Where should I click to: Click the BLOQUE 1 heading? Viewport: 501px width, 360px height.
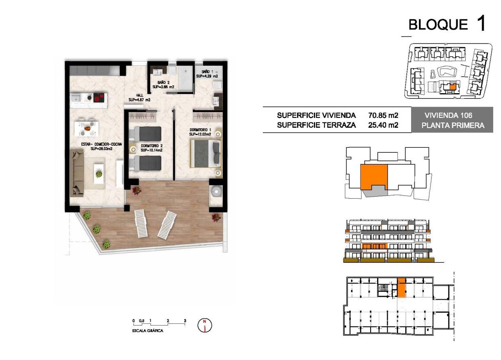click(447, 24)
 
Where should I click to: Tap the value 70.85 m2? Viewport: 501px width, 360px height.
click(384, 116)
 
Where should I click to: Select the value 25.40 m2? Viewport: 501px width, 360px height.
click(384, 125)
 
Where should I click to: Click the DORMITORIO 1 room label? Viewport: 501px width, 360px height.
click(200, 131)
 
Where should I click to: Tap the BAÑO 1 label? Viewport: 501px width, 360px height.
click(206, 74)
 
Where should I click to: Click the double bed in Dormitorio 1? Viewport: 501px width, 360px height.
click(205, 153)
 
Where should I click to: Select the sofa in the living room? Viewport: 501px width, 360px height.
click(78, 172)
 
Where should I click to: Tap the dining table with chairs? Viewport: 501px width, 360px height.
click(87, 128)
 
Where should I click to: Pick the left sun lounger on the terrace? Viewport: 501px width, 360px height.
click(141, 223)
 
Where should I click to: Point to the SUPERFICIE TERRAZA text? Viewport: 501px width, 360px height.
click(316, 125)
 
